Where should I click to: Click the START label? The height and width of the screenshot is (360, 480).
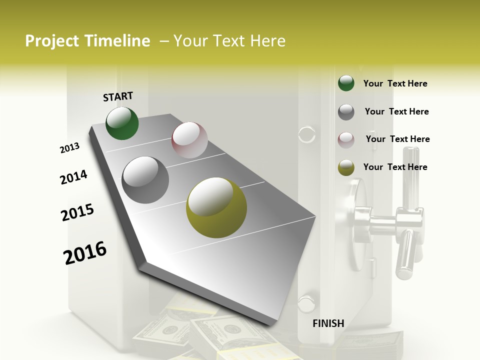(x=118, y=96)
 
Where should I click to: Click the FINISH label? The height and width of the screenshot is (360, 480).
(x=328, y=323)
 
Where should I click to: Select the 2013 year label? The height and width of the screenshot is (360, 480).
(x=69, y=147)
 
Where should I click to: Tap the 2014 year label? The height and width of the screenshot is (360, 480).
(x=73, y=177)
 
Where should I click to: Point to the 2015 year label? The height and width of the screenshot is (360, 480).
(x=77, y=212)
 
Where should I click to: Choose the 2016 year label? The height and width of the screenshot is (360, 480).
(x=85, y=252)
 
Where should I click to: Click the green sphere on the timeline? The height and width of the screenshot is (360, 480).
(x=122, y=123)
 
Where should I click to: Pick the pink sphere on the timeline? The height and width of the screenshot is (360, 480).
(x=189, y=139)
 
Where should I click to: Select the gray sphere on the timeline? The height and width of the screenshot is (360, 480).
(x=145, y=179)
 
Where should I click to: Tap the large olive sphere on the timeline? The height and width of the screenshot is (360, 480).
(x=216, y=207)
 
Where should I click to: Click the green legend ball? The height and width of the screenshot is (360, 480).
(x=346, y=83)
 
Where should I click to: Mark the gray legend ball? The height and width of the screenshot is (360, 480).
(x=346, y=112)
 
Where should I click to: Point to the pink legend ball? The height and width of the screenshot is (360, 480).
(x=346, y=140)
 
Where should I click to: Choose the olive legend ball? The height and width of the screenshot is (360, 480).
(x=346, y=168)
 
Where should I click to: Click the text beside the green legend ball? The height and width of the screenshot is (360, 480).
(x=395, y=83)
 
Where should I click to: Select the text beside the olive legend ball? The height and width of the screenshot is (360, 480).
(x=395, y=167)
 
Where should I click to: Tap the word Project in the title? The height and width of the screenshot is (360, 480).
(x=51, y=41)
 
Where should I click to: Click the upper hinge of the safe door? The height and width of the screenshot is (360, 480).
(x=306, y=134)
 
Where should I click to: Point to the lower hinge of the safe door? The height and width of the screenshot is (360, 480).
(x=305, y=302)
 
